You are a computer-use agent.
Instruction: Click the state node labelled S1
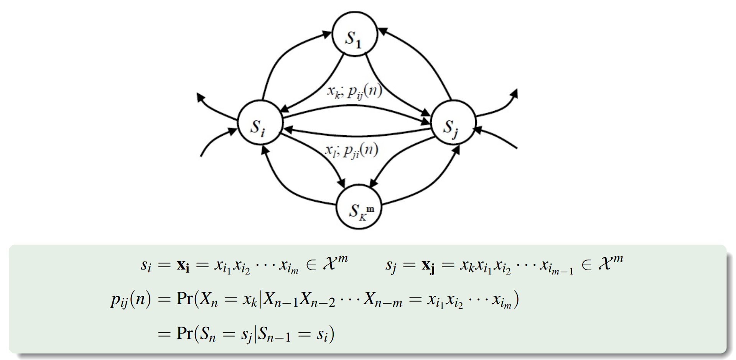(x=355, y=35)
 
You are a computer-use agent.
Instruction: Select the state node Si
(x=260, y=123)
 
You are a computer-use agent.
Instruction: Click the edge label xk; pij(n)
(x=354, y=91)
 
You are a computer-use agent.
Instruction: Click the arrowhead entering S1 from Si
(x=327, y=34)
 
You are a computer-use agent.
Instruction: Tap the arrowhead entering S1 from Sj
(x=383, y=31)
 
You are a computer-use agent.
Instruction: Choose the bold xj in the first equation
(x=428, y=265)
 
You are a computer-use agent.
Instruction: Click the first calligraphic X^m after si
(x=335, y=263)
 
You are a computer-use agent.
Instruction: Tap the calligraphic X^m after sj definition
(x=610, y=263)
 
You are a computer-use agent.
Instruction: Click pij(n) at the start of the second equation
(x=130, y=299)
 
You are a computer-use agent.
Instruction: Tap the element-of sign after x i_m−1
(x=586, y=265)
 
